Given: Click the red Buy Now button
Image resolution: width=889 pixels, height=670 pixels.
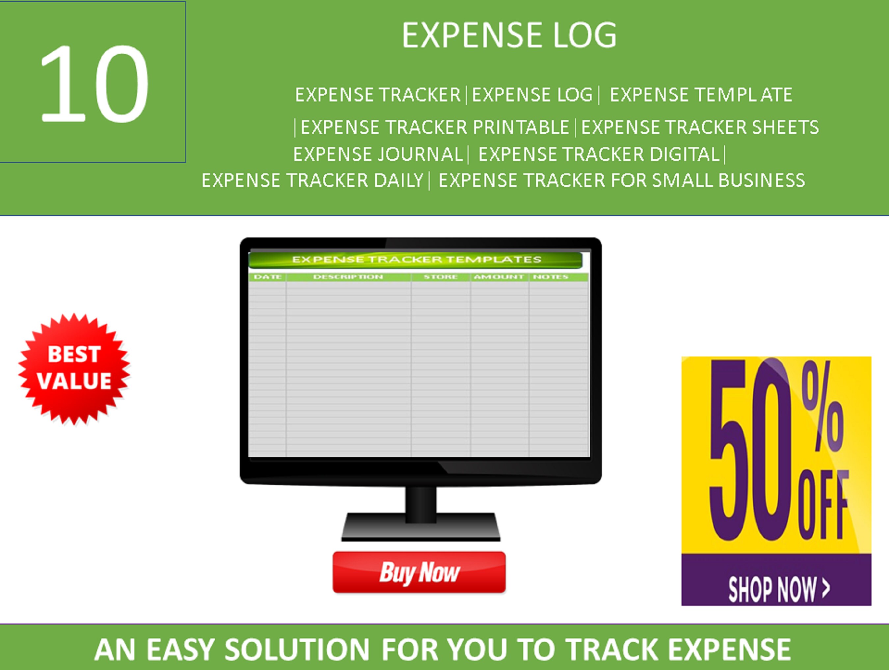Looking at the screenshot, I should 419,572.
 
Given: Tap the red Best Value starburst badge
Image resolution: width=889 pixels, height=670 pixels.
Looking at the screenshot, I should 74,368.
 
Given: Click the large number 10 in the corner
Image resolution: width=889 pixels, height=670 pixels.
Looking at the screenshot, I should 94,83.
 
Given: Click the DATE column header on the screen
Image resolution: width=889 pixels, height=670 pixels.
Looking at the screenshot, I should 268,277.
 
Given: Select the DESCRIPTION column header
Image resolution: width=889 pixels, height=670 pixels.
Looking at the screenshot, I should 348,277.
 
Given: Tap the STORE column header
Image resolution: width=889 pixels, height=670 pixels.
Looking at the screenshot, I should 441,277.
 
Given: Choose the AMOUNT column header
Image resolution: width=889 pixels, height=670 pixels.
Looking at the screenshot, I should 499,277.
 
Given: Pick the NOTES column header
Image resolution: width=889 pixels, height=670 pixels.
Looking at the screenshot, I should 551,277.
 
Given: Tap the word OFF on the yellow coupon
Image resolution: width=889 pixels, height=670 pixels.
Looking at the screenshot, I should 824,504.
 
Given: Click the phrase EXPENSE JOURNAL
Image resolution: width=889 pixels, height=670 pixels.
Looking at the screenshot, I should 378,154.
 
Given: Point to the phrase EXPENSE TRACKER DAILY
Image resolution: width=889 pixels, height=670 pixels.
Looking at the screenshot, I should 312,180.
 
